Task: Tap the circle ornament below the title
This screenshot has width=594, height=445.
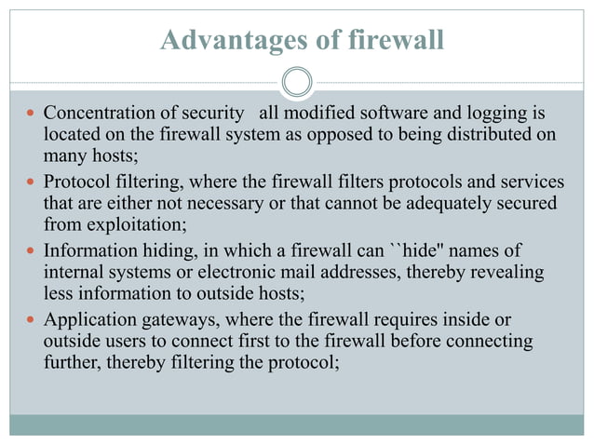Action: tap(297, 82)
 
